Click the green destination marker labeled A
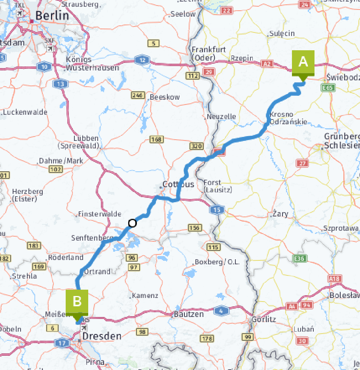pyautogui.click(x=303, y=63)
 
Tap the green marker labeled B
pyautogui.click(x=77, y=302)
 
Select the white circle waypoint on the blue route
pyautogui.click(x=133, y=223)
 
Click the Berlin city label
pyautogui.click(x=52, y=16)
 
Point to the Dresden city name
pyautogui.click(x=102, y=336)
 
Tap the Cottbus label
pyautogui.click(x=179, y=184)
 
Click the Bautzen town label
pyautogui.click(x=189, y=314)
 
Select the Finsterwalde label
pyautogui.click(x=100, y=214)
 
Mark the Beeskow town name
pyautogui.click(x=165, y=97)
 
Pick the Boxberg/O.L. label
pyautogui.click(x=217, y=262)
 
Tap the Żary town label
pyautogui.click(x=280, y=214)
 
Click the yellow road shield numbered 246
pyautogui.click(x=137, y=95)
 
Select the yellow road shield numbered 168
pyautogui.click(x=157, y=139)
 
